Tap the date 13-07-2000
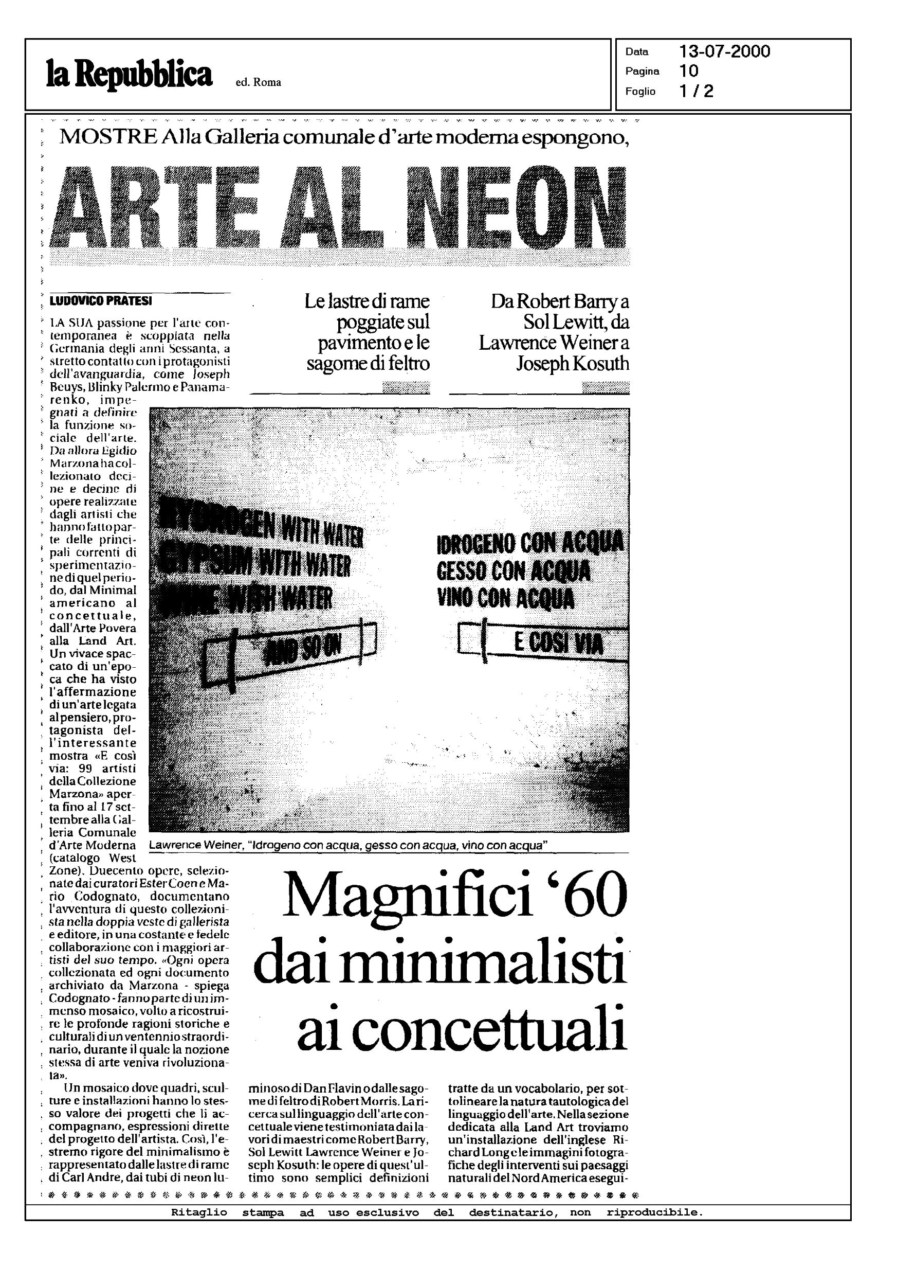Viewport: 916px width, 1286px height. (x=725, y=52)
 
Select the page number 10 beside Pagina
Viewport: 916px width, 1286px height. (x=689, y=71)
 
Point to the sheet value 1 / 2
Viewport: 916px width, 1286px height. (x=697, y=91)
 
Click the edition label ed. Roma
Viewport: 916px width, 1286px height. (x=259, y=82)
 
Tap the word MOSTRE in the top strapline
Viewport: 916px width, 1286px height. (x=108, y=137)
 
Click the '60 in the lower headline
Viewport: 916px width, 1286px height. (x=588, y=896)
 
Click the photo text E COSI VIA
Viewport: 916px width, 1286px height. (x=558, y=642)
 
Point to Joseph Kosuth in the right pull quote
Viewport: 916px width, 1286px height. (x=573, y=363)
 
